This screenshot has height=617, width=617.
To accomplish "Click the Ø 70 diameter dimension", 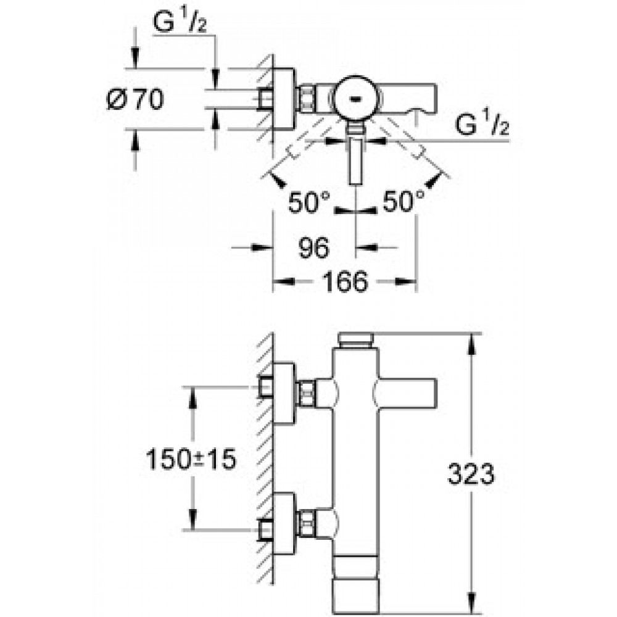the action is pos(135,99).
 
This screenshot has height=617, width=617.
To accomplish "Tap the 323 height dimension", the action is pos(471,474).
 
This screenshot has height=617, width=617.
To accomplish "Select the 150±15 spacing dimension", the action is pos(191,459).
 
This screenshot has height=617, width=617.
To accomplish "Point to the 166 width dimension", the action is pos(345,282).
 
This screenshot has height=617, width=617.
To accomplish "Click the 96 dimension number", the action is pos(313,248).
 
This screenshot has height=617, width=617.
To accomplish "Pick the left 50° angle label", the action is pos(309,202).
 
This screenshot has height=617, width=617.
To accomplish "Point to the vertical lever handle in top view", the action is pos(356,161).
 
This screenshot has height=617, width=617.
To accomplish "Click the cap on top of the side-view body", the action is pos(356,341).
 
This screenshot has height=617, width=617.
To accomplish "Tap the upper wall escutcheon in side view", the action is pos(283,394).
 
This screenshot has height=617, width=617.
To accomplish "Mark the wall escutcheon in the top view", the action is pos(283,99).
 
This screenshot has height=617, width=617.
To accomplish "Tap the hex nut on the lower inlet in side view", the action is pos(307,523).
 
